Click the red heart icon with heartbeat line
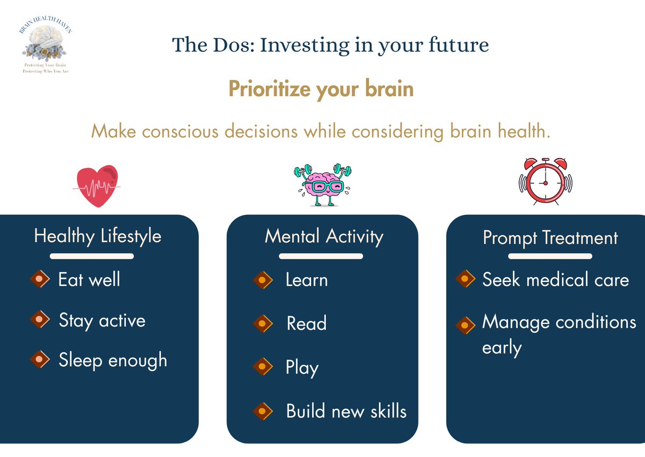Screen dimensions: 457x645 (97, 186)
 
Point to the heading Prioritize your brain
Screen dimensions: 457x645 (321, 89)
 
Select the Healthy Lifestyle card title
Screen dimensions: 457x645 (97, 236)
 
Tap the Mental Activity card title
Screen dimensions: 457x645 (324, 236)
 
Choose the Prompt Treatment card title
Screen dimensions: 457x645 (550, 237)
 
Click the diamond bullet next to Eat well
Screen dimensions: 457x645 (40, 279)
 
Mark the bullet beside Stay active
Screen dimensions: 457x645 (40, 320)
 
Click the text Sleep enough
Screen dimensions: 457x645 (113, 360)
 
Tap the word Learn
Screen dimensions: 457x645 (306, 280)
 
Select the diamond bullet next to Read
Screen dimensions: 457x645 (262, 323)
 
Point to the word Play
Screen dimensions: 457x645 (302, 368)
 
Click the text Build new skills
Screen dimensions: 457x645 (346, 411)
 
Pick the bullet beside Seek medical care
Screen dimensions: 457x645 (465, 279)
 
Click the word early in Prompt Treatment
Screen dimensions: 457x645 (501, 348)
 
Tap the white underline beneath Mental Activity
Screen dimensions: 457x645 (321, 256)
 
